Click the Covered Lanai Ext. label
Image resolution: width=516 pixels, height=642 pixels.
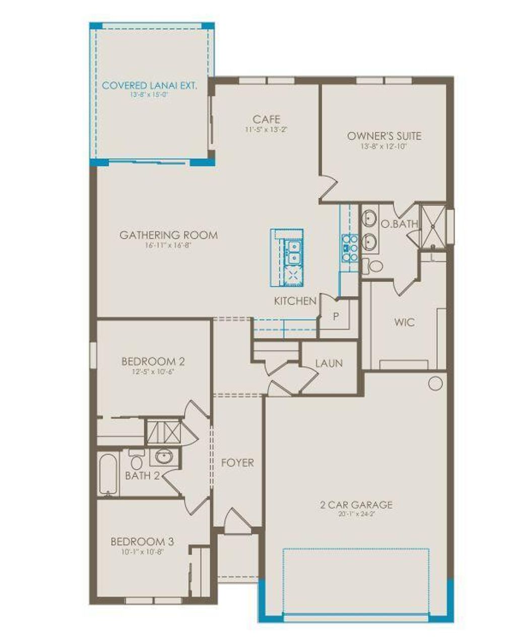(149, 85)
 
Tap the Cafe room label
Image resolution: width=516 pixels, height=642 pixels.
(267, 119)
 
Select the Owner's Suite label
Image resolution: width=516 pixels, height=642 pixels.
(384, 136)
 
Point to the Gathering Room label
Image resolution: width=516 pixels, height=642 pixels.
(169, 235)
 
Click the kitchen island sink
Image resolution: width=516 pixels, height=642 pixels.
(293, 252)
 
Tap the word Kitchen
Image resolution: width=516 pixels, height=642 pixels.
(295, 301)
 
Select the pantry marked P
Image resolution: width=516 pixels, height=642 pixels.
(336, 317)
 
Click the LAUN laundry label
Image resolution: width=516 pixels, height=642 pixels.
(329, 363)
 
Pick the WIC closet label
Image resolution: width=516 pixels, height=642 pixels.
(405, 322)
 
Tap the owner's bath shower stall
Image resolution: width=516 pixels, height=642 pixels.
(433, 226)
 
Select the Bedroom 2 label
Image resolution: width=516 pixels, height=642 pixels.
(153, 361)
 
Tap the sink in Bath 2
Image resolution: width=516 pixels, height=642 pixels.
(163, 457)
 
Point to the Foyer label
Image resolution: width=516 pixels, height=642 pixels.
(238, 463)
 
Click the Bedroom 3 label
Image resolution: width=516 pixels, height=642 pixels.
(142, 542)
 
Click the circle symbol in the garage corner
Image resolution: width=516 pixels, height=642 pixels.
(435, 383)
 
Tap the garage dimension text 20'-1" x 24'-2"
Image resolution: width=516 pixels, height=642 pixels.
(356, 515)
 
